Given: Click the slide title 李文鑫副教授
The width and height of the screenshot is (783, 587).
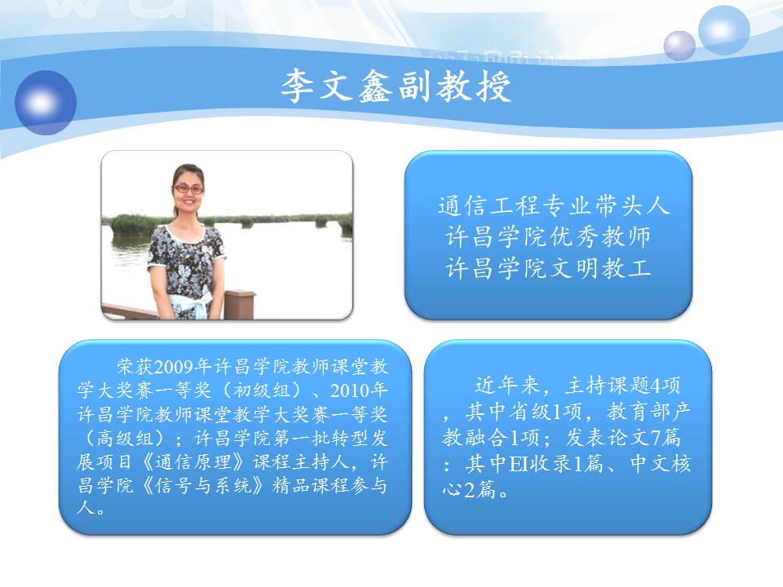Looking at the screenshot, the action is tap(396, 86).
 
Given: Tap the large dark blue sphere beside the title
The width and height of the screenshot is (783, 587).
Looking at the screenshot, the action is tap(46, 103).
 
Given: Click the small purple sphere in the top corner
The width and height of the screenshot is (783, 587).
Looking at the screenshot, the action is tap(679, 46).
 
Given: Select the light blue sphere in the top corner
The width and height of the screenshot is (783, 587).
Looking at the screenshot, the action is tap(723, 29).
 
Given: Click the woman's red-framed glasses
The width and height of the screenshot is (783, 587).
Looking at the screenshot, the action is tap(188, 188).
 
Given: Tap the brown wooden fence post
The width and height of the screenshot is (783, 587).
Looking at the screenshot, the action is tap(239, 304).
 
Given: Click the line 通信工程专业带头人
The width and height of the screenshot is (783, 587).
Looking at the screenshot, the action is tap(553, 205).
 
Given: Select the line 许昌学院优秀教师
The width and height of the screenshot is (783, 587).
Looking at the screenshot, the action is tap(548, 236).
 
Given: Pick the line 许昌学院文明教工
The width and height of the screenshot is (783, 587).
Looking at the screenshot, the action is tap(548, 268).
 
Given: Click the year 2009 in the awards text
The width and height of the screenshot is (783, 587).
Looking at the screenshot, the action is tap(174, 367).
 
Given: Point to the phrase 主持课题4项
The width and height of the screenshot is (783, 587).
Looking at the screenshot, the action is tap(622, 385).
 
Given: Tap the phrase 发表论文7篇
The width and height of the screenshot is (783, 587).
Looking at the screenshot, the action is tap(622, 438).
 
